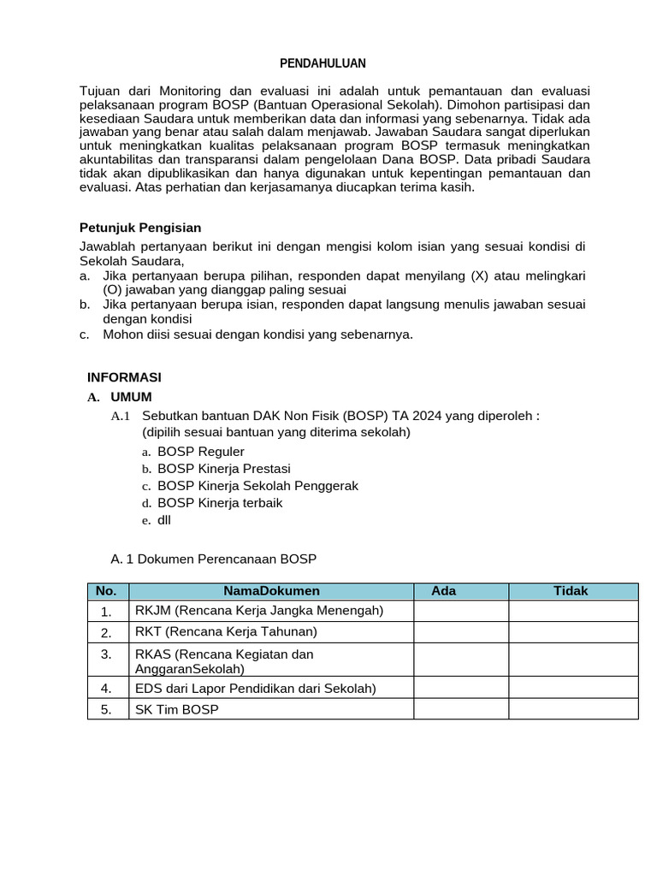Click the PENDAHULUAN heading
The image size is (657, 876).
(323, 63)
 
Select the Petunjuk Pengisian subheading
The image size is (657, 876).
(140, 228)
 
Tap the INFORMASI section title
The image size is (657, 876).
(124, 377)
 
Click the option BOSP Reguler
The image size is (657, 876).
(201, 451)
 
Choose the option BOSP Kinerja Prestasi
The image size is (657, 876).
(224, 468)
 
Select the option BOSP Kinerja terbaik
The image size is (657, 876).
(220, 502)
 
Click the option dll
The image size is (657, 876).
(165, 519)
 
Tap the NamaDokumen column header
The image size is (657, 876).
(271, 591)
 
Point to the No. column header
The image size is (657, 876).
(107, 591)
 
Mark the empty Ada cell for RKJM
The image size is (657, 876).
(461, 611)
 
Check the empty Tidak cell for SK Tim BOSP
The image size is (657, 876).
(573, 709)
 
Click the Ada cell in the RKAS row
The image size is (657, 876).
(461, 660)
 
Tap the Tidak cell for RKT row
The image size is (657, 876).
(573, 632)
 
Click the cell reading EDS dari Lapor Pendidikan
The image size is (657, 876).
(256, 688)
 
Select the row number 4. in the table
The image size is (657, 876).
(107, 688)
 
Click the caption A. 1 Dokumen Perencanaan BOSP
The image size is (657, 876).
(214, 559)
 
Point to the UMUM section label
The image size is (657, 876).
(131, 397)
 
